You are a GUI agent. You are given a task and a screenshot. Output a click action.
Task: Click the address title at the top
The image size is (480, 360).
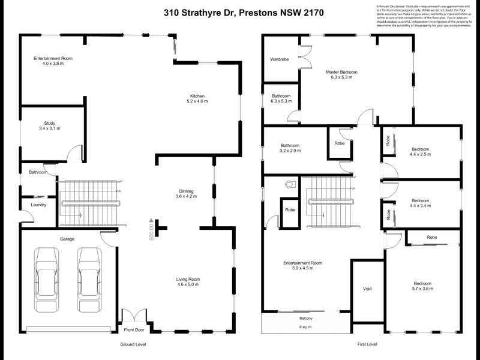pyautogui.click(x=240, y=12)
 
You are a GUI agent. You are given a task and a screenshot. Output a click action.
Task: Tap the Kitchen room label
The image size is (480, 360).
pyautogui.click(x=198, y=99)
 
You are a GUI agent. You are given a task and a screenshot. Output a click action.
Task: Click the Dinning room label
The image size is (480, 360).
pyautogui.click(x=185, y=193)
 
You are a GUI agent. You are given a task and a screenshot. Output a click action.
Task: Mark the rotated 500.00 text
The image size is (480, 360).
pyautogui.click(x=152, y=228)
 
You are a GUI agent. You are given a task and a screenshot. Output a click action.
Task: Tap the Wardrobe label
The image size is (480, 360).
pyautogui.click(x=280, y=59)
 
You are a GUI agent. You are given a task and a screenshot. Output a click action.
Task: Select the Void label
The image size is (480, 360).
pyautogui.click(x=368, y=289)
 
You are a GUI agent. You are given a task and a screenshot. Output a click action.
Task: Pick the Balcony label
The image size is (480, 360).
pyautogui.click(x=306, y=318)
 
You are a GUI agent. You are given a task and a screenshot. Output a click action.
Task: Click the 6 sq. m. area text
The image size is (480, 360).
pyautogui.click(x=306, y=326)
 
